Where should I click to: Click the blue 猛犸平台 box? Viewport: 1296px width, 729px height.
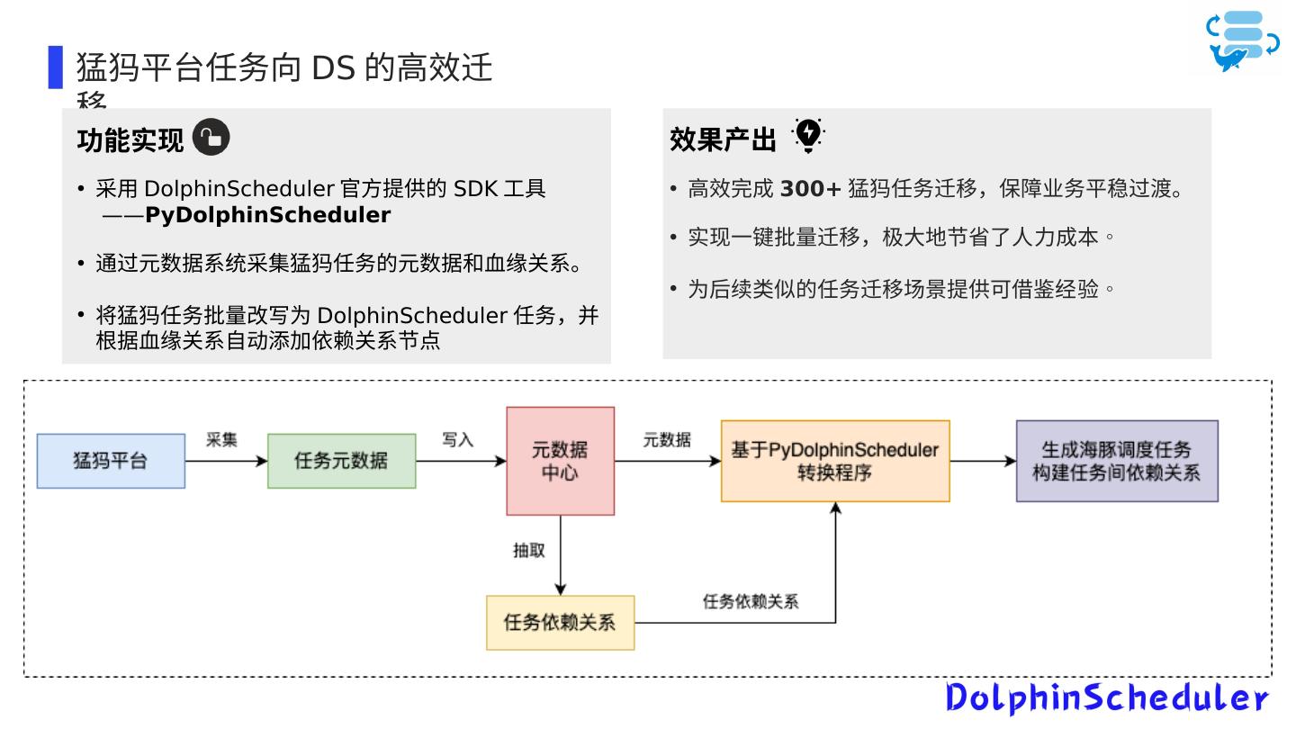click(x=111, y=461)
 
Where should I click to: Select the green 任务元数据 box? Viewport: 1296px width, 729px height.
click(x=341, y=461)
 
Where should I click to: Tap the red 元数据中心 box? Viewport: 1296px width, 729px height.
click(x=560, y=461)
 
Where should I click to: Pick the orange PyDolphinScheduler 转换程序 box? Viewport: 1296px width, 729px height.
click(x=834, y=461)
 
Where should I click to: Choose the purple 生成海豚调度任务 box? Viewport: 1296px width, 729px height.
click(x=1116, y=461)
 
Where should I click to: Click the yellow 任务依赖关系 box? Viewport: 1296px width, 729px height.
click(x=560, y=622)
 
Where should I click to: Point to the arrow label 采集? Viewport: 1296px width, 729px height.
click(x=221, y=439)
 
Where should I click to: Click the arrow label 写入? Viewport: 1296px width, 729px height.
click(x=457, y=439)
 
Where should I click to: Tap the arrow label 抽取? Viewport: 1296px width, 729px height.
click(x=529, y=551)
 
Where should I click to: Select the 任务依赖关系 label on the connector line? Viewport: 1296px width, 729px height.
click(x=750, y=601)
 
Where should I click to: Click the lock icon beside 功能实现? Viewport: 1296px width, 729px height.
click(x=211, y=138)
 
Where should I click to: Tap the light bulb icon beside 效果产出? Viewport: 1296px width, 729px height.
click(x=808, y=135)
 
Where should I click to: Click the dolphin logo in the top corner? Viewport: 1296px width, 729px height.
click(x=1242, y=40)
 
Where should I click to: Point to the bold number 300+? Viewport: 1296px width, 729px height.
click(x=810, y=189)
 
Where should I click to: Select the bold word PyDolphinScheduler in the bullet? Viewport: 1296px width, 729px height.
click(x=267, y=215)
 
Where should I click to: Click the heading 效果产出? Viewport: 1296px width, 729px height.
click(x=723, y=140)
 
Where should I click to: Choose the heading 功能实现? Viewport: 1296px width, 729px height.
click(x=130, y=140)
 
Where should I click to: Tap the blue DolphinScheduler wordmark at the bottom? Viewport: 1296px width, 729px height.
click(x=1106, y=697)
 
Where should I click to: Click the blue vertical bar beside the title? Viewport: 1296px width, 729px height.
click(x=56, y=67)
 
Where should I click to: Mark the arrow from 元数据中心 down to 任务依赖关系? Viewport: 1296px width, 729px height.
click(x=560, y=554)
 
